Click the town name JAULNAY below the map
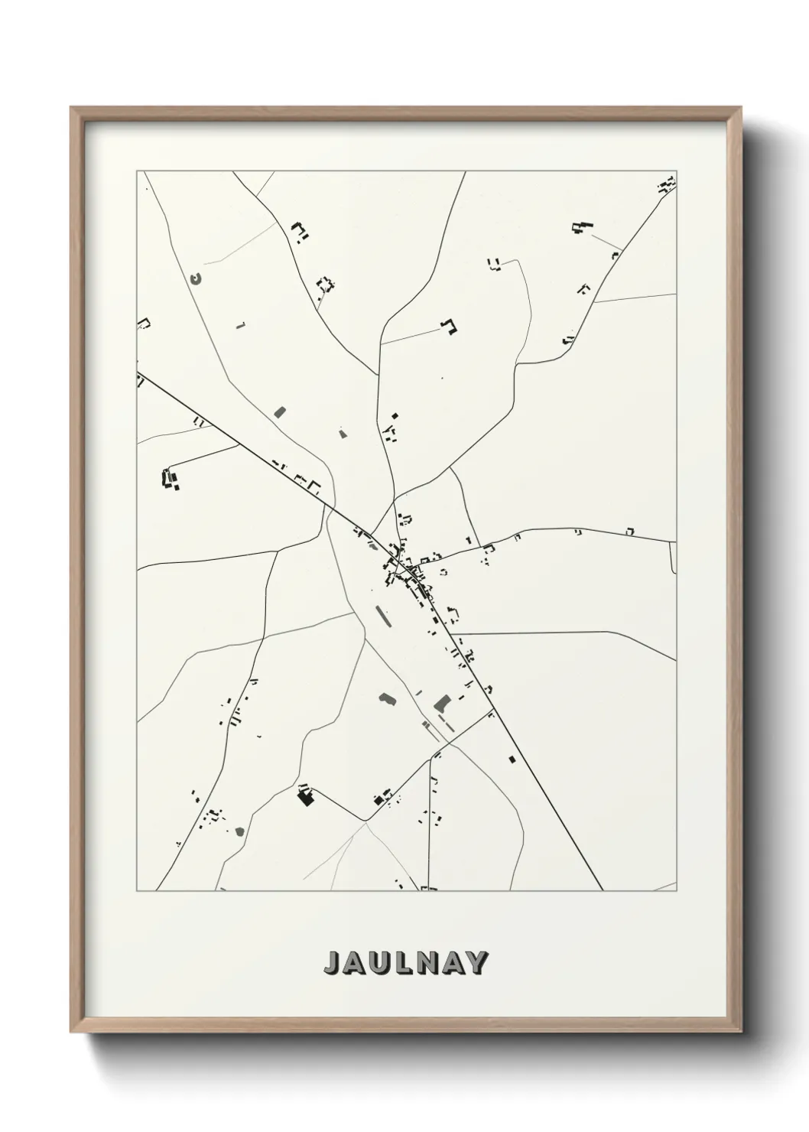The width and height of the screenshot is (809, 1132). pyautogui.click(x=405, y=963)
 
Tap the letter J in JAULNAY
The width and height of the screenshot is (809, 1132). pyautogui.click(x=333, y=963)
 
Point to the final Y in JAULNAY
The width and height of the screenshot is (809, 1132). pyautogui.click(x=476, y=963)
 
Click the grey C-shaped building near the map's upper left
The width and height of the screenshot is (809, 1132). pyautogui.click(x=196, y=279)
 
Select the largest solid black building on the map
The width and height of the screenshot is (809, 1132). pyautogui.click(x=306, y=798)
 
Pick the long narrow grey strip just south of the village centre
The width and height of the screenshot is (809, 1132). pyautogui.click(x=381, y=616)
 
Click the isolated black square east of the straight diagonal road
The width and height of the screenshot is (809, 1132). pyautogui.click(x=512, y=759)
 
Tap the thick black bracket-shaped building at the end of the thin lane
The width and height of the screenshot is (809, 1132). pyautogui.click(x=450, y=327)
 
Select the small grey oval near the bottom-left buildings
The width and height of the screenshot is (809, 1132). pyautogui.click(x=239, y=831)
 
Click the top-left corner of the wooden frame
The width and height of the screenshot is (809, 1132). pyautogui.click(x=73, y=109)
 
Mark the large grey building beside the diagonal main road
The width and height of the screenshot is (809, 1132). pyautogui.click(x=441, y=702)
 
